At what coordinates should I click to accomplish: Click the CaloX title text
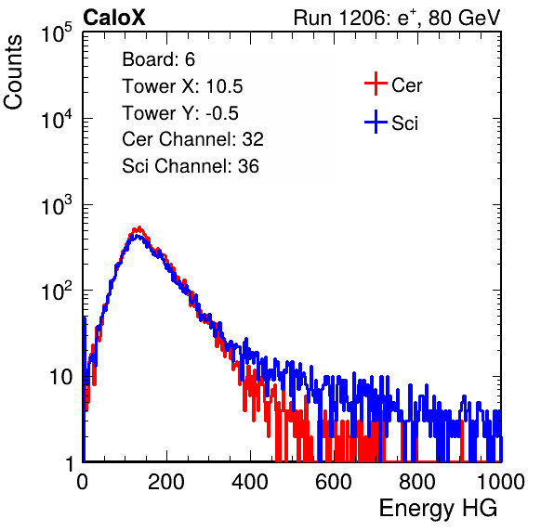pyautogui.click(x=113, y=18)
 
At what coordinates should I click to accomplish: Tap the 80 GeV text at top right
pyautogui.click(x=465, y=18)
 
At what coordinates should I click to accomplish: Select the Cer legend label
pyautogui.click(x=406, y=85)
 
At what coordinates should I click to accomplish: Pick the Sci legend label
pyautogui.click(x=404, y=123)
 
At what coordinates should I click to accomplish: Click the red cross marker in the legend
pyautogui.click(x=376, y=84)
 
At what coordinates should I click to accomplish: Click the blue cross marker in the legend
pyautogui.click(x=376, y=122)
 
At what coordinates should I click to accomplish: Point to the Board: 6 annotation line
pyautogui.click(x=158, y=59)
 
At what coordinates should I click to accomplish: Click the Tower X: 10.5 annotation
pyautogui.click(x=182, y=86)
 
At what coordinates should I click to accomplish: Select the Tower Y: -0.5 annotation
pyautogui.click(x=180, y=113)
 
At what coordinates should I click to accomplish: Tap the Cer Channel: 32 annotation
pyautogui.click(x=193, y=139)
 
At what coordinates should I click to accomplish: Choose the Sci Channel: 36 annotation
pyautogui.click(x=191, y=166)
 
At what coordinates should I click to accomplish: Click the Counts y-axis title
pyautogui.click(x=13, y=72)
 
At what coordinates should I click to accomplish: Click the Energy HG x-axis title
pyautogui.click(x=438, y=509)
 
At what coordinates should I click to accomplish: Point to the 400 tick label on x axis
pyautogui.click(x=250, y=482)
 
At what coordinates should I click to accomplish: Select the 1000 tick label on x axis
pyautogui.click(x=501, y=482)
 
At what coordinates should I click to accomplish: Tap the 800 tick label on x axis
pyautogui.click(x=417, y=482)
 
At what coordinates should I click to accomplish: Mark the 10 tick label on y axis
pyautogui.click(x=61, y=377)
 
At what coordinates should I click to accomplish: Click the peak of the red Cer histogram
pyautogui.click(x=138, y=228)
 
